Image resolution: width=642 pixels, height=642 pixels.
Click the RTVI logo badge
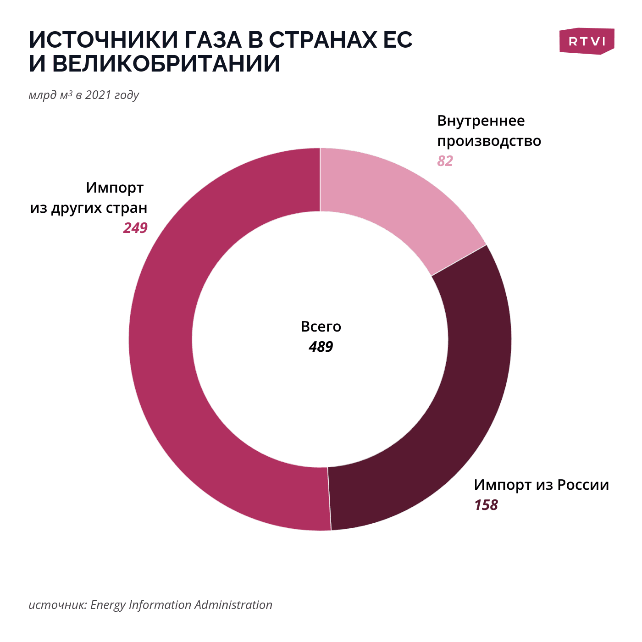pos(587,41)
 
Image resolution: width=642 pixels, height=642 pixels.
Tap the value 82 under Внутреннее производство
pos(445,161)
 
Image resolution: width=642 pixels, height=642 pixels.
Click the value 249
pos(135,228)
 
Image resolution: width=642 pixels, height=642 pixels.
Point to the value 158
pos(486,505)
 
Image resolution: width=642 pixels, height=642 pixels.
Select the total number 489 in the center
pos(321,347)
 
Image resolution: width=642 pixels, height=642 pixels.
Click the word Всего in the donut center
pos(321,327)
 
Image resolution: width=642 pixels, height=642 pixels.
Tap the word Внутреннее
pos(481,121)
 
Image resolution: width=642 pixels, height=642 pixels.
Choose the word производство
pos(489,141)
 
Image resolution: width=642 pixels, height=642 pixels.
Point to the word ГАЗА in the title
pos(213,40)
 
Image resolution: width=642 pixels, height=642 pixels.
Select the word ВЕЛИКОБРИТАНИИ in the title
pos(166,64)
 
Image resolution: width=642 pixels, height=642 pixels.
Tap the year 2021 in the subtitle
pos(98,95)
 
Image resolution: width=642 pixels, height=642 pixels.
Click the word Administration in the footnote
pos(233,605)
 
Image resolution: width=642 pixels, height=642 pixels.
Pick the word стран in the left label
pos(127,208)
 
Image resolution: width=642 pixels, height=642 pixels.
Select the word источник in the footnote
pos(58,605)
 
